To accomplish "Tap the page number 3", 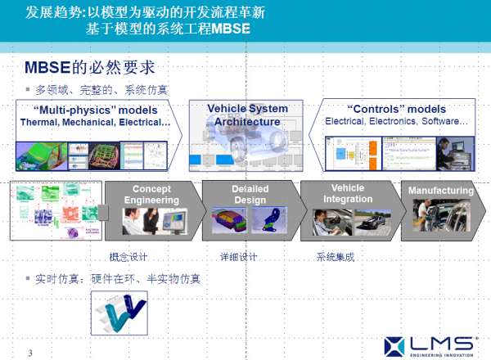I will coord(29,353).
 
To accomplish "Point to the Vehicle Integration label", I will coord(347,194).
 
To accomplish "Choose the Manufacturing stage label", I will coord(441,191).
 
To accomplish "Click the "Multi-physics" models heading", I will coord(96,110).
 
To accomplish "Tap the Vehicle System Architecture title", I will coord(247,115).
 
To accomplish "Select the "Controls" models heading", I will coord(396,109).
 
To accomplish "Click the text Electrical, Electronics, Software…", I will coord(396,121).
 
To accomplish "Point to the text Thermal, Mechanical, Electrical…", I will coord(96,122).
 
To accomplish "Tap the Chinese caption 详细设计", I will coord(237,257).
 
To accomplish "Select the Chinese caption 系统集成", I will coord(335,257).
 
